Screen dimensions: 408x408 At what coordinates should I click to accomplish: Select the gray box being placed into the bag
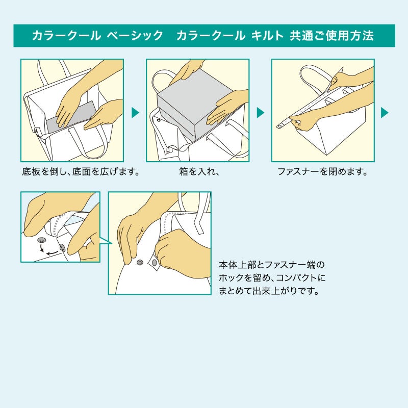click(189, 110)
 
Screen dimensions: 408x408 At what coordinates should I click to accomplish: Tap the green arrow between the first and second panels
click(135, 113)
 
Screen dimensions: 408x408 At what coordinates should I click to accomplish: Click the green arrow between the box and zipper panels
click(260, 113)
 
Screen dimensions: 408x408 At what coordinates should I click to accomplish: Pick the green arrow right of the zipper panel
click(385, 113)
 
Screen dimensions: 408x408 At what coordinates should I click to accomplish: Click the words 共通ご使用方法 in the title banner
click(333, 36)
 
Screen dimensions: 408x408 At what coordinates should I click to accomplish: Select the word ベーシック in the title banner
click(135, 36)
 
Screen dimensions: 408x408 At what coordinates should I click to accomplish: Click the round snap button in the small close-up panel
click(41, 239)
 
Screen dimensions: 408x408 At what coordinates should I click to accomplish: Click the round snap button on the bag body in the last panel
click(140, 262)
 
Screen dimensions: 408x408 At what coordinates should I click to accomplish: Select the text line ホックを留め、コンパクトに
click(271, 279)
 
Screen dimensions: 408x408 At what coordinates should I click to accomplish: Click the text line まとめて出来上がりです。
click(269, 292)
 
